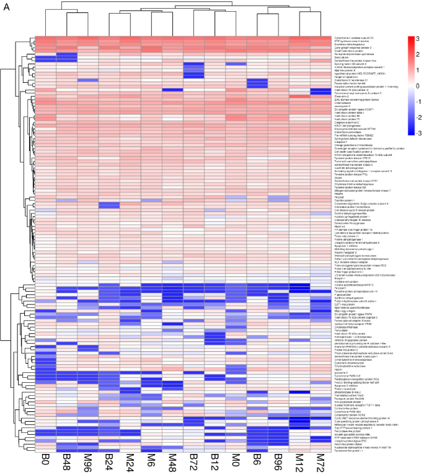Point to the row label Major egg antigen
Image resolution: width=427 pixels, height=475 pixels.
(x=346, y=310)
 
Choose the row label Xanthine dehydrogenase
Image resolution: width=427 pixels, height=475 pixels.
(x=350, y=299)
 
